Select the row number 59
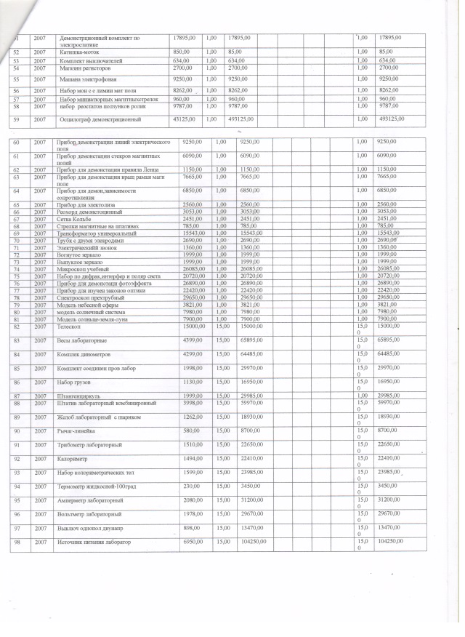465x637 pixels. [16, 119]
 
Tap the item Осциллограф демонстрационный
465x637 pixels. [100, 119]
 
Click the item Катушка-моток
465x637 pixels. [81, 52]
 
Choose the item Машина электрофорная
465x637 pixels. [89, 78]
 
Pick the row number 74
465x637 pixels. [16, 269]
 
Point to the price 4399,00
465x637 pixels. [192, 340]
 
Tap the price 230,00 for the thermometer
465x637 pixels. [190, 486]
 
